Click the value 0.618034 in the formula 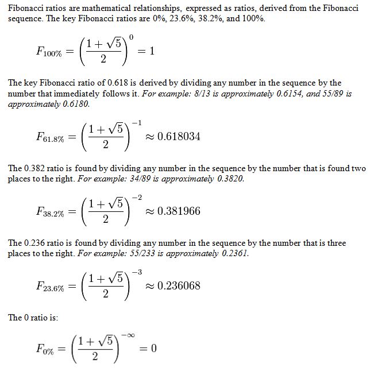point(179,137)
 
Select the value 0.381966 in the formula point(179,211)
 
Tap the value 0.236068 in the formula point(179,286)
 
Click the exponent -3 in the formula point(136,272)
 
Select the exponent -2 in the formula point(136,197)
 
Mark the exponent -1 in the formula point(136,122)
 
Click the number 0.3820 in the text point(230,179)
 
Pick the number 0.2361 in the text point(236,253)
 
